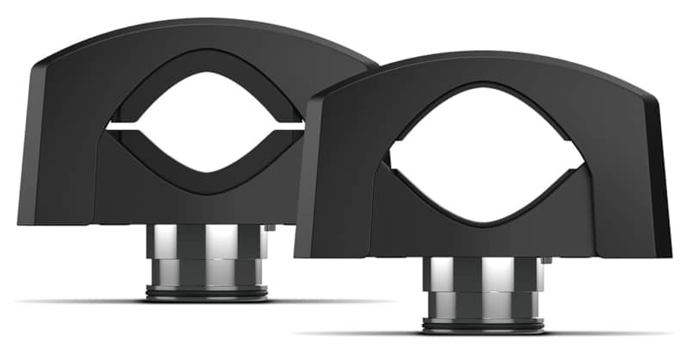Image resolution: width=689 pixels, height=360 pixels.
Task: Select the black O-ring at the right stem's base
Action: point(483,326)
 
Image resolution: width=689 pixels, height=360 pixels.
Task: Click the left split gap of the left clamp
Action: point(121,127)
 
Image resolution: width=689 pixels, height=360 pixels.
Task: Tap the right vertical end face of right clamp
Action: point(663,181)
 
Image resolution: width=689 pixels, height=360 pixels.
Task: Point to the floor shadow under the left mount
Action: point(86,301)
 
